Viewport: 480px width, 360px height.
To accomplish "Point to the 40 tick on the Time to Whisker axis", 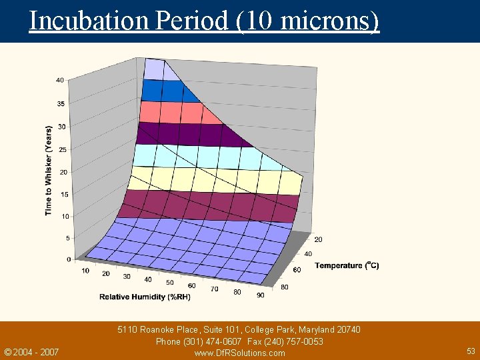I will click(x=60, y=80).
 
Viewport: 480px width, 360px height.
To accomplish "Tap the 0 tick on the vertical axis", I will click(x=69, y=259).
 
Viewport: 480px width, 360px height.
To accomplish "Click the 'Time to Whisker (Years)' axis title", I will click(x=49, y=170).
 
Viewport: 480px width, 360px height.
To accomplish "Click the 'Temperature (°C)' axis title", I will click(x=347, y=265).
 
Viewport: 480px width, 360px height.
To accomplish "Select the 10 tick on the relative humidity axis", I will click(x=85, y=271).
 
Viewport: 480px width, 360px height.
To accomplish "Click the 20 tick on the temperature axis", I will click(x=318, y=239).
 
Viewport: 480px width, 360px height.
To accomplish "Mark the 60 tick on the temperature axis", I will click(x=296, y=269).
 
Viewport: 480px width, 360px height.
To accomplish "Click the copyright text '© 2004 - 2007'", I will click(x=31, y=352).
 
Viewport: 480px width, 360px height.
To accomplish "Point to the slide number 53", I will click(x=471, y=351).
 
